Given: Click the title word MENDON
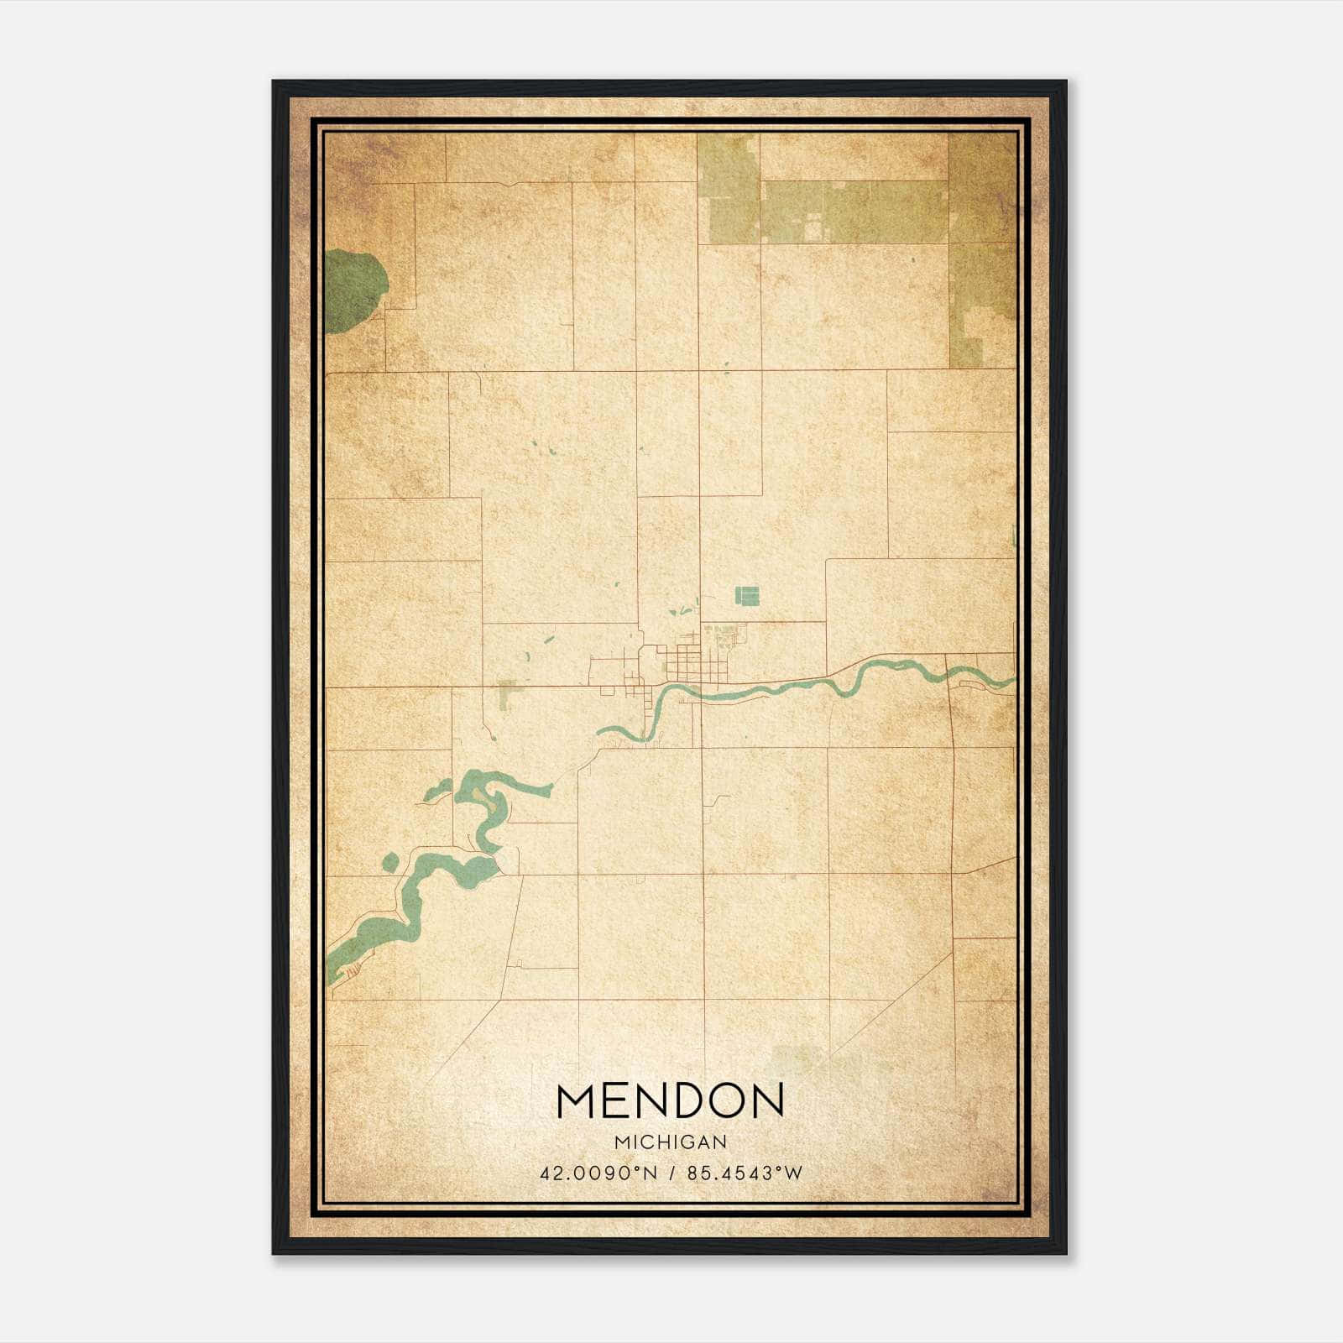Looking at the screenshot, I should pos(670,1100).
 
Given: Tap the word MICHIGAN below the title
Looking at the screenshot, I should pos(670,1142).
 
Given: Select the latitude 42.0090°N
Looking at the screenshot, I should pos(598,1173).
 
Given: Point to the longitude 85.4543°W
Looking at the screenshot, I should pos(745,1173).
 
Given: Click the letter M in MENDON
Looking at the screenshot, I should pos(577,1100).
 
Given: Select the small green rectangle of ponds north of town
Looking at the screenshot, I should pos(747,595).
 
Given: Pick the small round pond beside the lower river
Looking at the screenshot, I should pos(390,862).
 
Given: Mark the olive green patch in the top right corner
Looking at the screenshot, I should pos(980,252).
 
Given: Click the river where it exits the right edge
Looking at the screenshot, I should pos(1007,681).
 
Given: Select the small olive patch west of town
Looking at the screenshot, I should pos(506,695).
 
